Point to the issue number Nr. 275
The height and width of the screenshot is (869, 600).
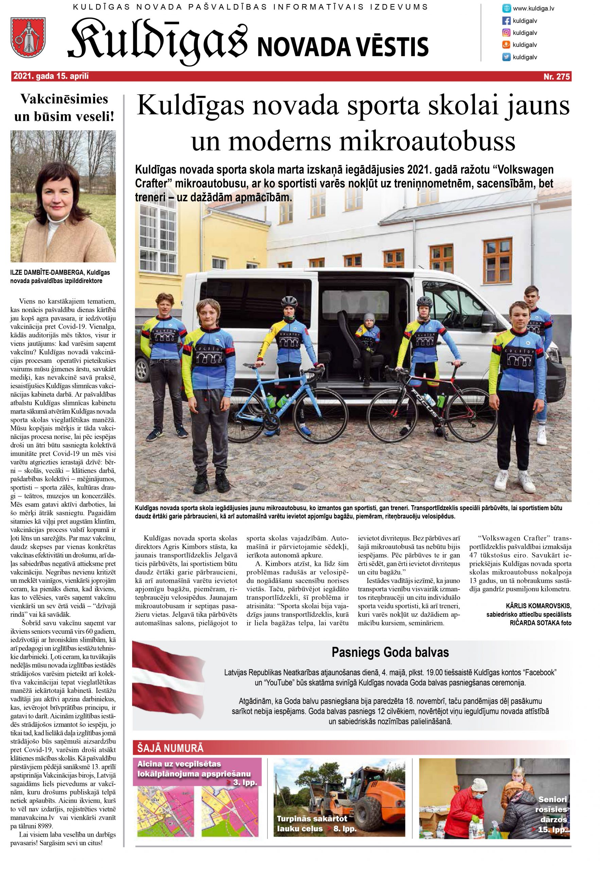557,77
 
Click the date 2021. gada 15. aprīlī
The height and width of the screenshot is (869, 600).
52,77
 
